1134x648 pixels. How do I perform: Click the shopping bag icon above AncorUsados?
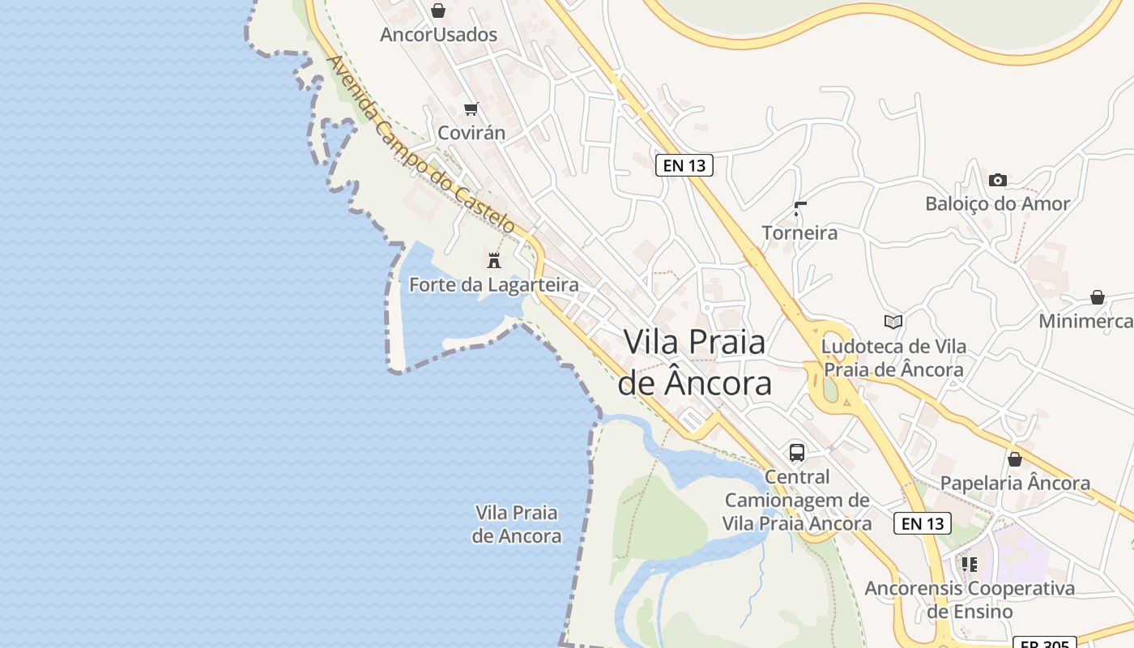438,11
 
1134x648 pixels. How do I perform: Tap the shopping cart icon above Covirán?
471,109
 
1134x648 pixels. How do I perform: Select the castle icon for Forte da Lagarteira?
494,260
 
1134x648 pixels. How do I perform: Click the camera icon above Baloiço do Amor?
998,180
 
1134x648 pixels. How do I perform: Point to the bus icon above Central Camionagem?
797,452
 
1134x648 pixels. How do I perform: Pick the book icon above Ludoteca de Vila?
893,322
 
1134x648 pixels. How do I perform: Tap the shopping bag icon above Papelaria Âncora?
1015,459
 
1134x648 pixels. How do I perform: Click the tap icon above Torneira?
800,209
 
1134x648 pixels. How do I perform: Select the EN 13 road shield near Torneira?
684,165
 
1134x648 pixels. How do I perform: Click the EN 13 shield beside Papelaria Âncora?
923,523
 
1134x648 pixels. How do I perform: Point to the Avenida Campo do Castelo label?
421,145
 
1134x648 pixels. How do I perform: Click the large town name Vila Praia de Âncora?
695,362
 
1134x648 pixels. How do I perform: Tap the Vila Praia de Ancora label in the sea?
517,524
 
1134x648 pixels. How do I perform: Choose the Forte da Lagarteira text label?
494,285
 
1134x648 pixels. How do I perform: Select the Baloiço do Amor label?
998,203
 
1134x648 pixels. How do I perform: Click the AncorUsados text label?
438,35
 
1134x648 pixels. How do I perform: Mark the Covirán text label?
471,133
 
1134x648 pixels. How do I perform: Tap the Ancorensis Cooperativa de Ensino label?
970,599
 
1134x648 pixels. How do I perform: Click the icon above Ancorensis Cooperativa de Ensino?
969,564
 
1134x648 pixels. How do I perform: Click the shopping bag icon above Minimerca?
1098,297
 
